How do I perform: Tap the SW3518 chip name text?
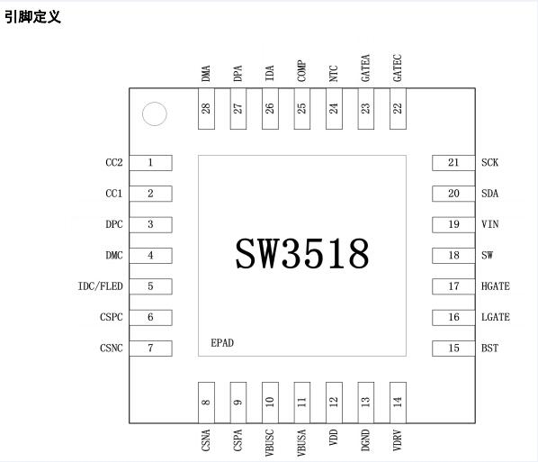pyautogui.click(x=302, y=253)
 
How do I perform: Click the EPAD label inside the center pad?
pyautogui.click(x=222, y=343)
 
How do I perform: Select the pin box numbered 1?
pyautogui.click(x=150, y=163)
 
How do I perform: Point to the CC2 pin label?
pyautogui.click(x=114, y=162)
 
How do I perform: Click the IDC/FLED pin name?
pyautogui.click(x=100, y=286)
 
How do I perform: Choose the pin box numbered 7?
pyautogui.click(x=150, y=349)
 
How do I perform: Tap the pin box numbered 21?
pyautogui.click(x=453, y=163)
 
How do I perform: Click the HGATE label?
pyautogui.click(x=496, y=286)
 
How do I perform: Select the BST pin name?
pyautogui.click(x=489, y=349)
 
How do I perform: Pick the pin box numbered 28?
pyautogui.click(x=206, y=109)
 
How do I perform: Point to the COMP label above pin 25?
pyautogui.click(x=301, y=71)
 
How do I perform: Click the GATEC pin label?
pyautogui.click(x=398, y=68)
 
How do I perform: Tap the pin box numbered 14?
pyautogui.click(x=398, y=403)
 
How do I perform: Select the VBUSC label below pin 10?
pyautogui.click(x=270, y=443)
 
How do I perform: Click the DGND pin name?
pyautogui.click(x=365, y=440)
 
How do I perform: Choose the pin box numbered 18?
pyautogui.click(x=453, y=256)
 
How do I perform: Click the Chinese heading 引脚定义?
pyautogui.click(x=32, y=17)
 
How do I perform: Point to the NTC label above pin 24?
pyautogui.click(x=334, y=74)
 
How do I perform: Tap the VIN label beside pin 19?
pyautogui.click(x=490, y=224)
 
